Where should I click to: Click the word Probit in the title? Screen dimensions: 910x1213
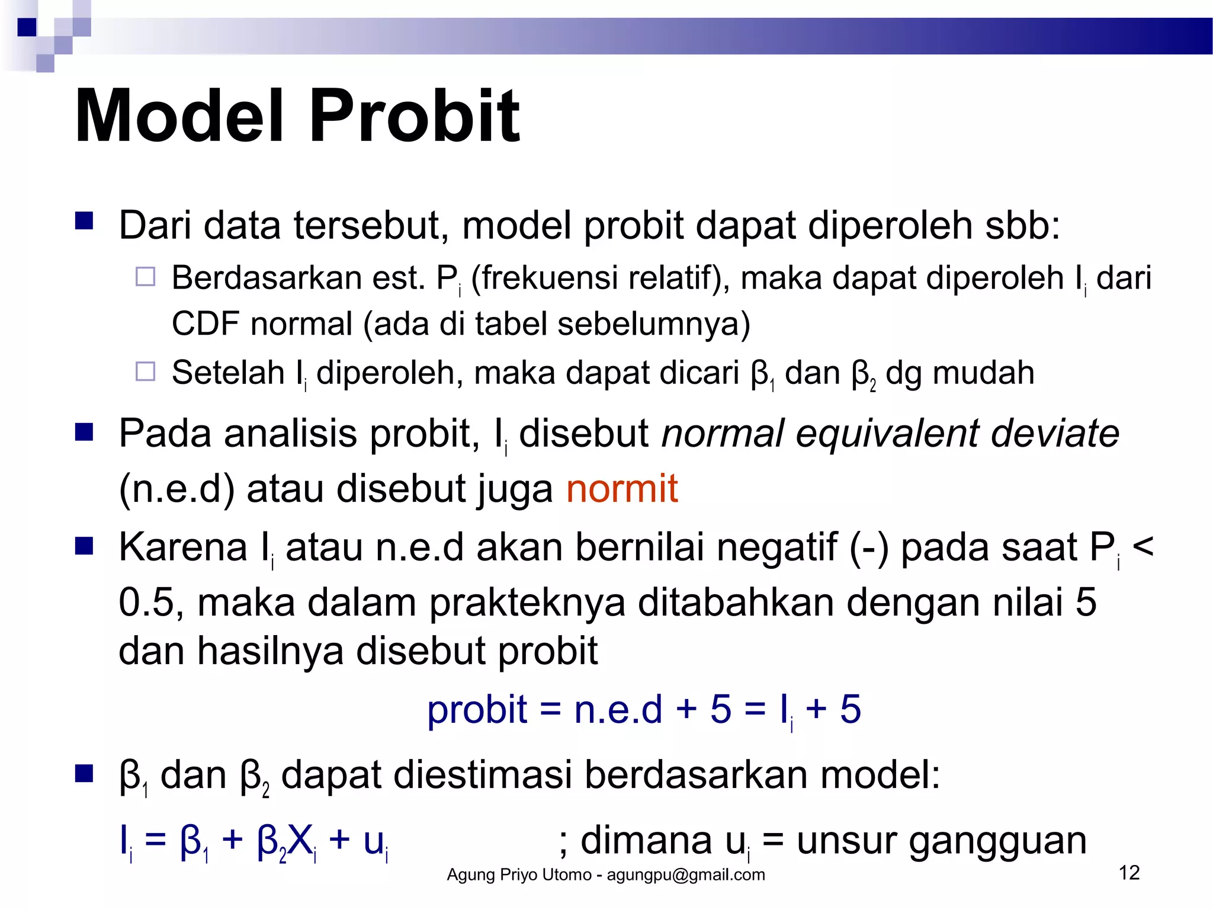click(x=414, y=116)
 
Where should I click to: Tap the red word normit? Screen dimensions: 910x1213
click(x=621, y=489)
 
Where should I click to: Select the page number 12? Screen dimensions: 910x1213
click(x=1129, y=873)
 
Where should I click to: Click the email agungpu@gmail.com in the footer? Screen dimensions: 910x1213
click(x=686, y=875)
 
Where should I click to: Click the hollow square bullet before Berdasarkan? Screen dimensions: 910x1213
click(x=145, y=277)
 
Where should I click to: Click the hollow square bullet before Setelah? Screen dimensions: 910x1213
click(x=145, y=371)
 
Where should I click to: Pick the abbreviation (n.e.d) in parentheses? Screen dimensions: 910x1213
click(x=177, y=489)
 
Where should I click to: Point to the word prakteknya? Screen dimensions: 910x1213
click(x=527, y=604)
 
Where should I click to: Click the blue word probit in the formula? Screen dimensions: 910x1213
click(x=477, y=709)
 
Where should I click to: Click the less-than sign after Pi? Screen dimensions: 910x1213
click(x=1143, y=546)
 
